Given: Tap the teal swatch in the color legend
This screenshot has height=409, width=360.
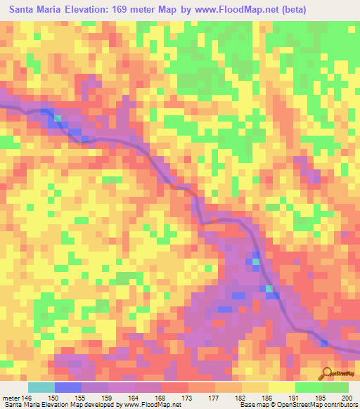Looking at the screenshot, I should click(x=41, y=387).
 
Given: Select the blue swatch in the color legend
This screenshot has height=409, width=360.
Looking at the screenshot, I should click(x=68, y=387).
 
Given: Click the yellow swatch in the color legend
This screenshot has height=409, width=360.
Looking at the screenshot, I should click(x=281, y=387).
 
